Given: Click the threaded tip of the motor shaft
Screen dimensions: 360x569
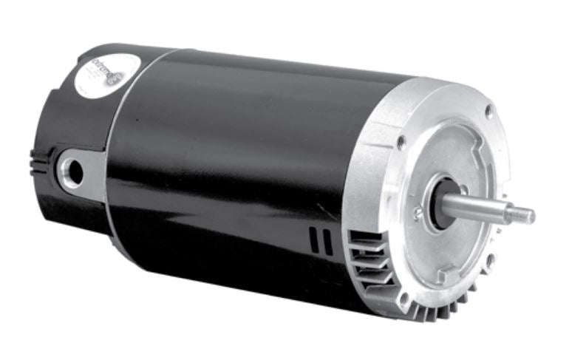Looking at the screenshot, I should tap(523, 216).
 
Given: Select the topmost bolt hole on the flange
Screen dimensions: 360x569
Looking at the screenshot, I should tap(488, 111).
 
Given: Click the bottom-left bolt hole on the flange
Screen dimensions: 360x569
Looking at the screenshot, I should tap(403, 299).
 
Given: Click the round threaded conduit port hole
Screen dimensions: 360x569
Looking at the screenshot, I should tap(72, 168).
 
